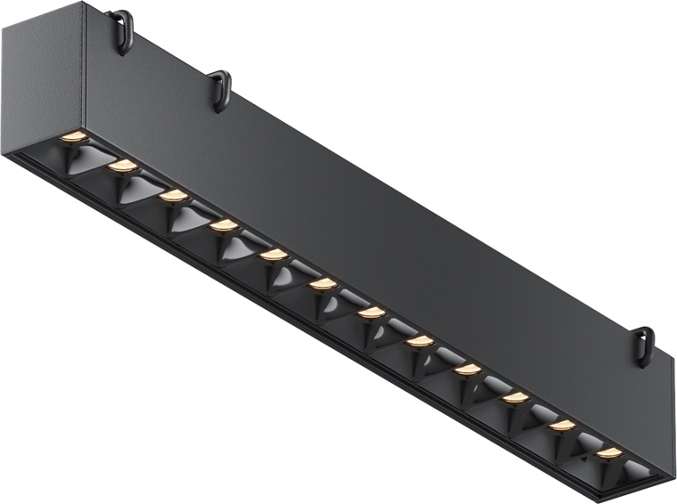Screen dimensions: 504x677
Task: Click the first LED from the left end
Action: [74, 137]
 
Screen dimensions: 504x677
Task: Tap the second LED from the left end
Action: [123, 167]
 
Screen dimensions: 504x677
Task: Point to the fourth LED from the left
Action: [224, 226]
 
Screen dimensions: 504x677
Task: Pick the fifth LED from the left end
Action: [274, 256]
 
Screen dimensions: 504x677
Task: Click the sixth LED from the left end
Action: [323, 284]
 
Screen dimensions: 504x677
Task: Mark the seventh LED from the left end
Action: [371, 313]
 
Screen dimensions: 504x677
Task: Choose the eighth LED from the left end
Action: [420, 341]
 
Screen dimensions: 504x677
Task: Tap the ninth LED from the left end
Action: [468, 369]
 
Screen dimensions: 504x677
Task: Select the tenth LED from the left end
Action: [516, 397]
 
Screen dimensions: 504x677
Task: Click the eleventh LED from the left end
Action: [562, 426]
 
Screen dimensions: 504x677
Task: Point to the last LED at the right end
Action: [609, 453]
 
